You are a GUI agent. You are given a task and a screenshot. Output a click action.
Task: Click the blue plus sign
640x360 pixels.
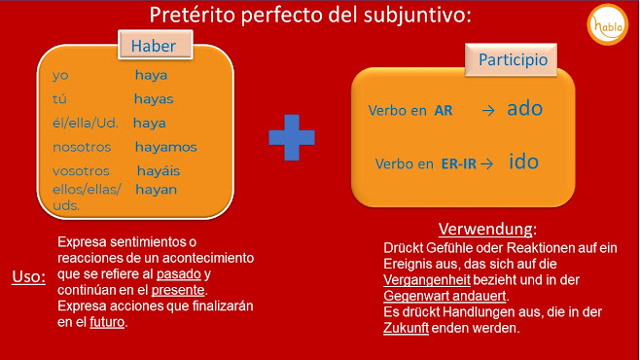click(292, 136)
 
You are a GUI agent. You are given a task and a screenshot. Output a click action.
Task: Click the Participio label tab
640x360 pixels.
click(512, 59)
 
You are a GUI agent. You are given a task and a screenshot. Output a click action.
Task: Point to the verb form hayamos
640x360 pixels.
click(165, 147)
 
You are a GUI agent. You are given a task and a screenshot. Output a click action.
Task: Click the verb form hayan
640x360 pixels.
click(156, 189)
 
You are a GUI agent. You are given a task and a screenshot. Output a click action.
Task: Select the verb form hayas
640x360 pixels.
click(154, 99)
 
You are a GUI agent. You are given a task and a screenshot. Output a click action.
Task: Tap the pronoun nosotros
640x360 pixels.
click(82, 147)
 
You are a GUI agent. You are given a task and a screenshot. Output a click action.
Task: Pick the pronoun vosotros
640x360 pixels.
click(81, 171)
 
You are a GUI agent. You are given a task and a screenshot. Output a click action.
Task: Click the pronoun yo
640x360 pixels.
click(61, 75)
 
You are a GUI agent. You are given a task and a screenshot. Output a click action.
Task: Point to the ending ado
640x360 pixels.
click(524, 108)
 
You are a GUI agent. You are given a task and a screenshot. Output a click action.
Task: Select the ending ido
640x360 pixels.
click(523, 161)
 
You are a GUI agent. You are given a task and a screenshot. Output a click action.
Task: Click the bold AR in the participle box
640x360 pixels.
click(444, 111)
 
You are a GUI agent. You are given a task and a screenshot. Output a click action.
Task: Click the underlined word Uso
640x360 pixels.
click(28, 276)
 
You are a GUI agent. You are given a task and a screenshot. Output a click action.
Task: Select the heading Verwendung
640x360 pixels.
click(486, 230)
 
